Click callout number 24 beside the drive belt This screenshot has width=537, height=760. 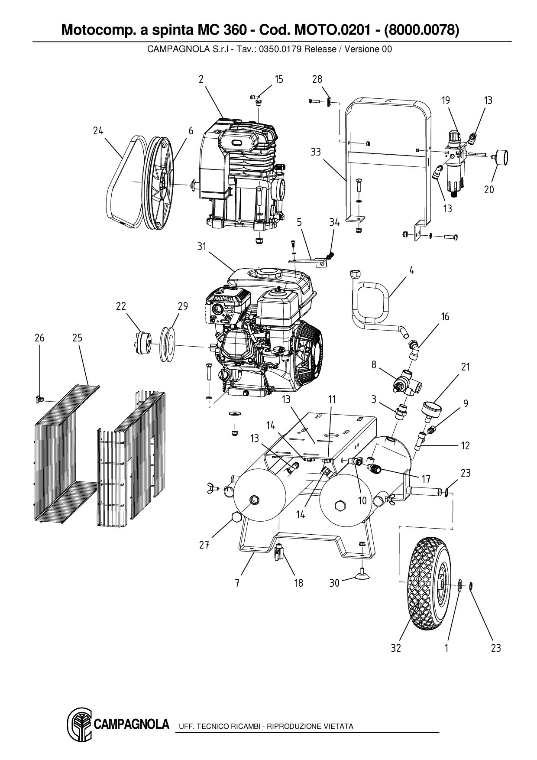(98, 131)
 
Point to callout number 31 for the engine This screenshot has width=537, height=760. (201, 247)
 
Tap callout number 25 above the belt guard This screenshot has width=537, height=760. (77, 338)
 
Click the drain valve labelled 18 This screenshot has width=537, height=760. (278, 553)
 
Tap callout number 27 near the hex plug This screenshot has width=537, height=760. (204, 545)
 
